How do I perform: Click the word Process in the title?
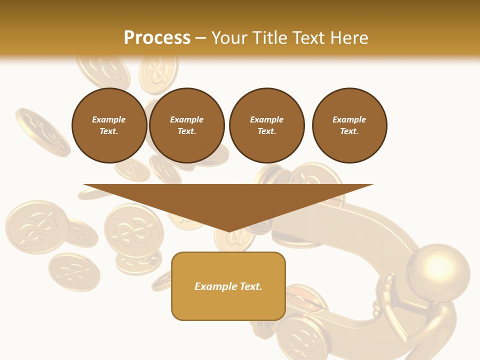pyautogui.click(x=157, y=37)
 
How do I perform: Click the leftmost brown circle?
pyautogui.click(x=109, y=125)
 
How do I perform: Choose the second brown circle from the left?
pyautogui.click(x=187, y=125)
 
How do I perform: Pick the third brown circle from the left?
pyautogui.click(x=266, y=125)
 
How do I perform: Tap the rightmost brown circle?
pyautogui.click(x=349, y=125)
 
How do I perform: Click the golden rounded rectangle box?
pyautogui.click(x=228, y=286)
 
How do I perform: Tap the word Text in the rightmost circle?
pyautogui.click(x=349, y=131)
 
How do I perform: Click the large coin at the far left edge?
pyautogui.click(x=36, y=226)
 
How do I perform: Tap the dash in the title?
pyautogui.click(x=201, y=38)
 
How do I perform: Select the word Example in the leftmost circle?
pyautogui.click(x=109, y=119)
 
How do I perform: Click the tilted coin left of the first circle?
pyautogui.click(x=42, y=131)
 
